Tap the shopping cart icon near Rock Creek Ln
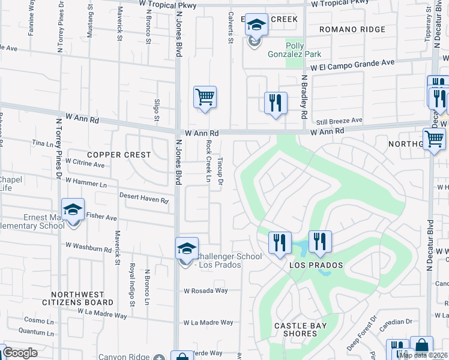pos(205,97)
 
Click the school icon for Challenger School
pos(187,249)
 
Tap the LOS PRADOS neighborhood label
pos(316,265)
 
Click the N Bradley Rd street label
pos(304,97)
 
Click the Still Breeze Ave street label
pos(340,121)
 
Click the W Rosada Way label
pos(206,290)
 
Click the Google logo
pos(19,352)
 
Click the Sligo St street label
pos(155,109)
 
